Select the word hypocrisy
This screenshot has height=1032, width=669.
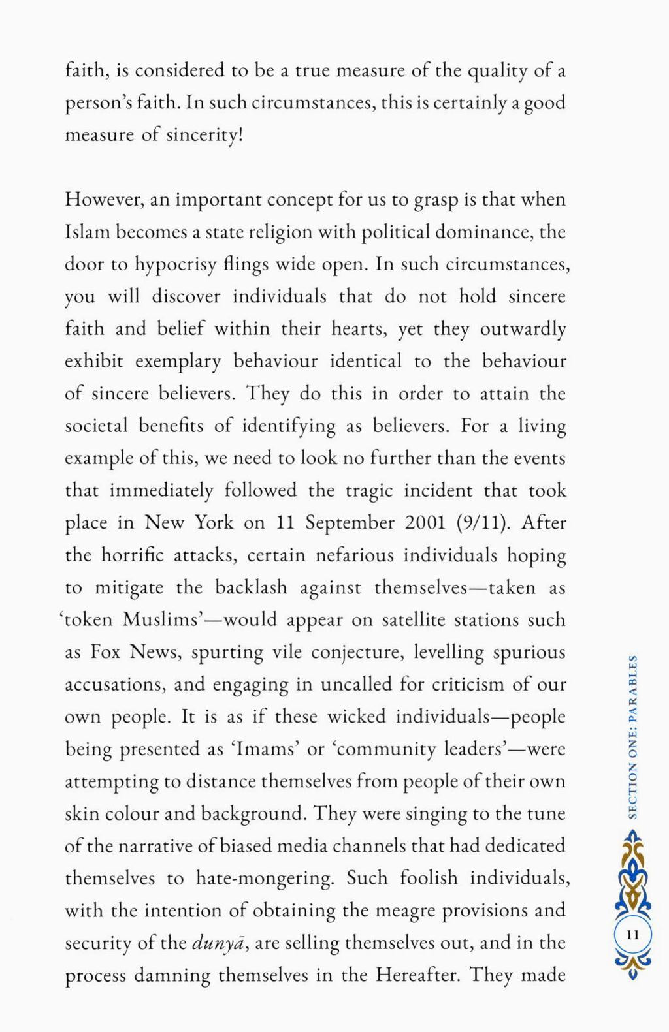coord(173,264)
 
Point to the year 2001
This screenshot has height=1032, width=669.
coord(426,523)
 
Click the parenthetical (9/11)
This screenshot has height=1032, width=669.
coord(480,523)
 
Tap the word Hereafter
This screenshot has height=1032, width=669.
coord(417,975)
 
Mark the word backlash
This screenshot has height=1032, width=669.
coord(251,587)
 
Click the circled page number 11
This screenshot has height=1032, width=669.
coord(632,935)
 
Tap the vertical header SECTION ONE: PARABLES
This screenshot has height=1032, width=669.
coord(632,735)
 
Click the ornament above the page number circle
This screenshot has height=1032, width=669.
coord(632,875)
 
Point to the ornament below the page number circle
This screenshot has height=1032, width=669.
coord(632,966)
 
